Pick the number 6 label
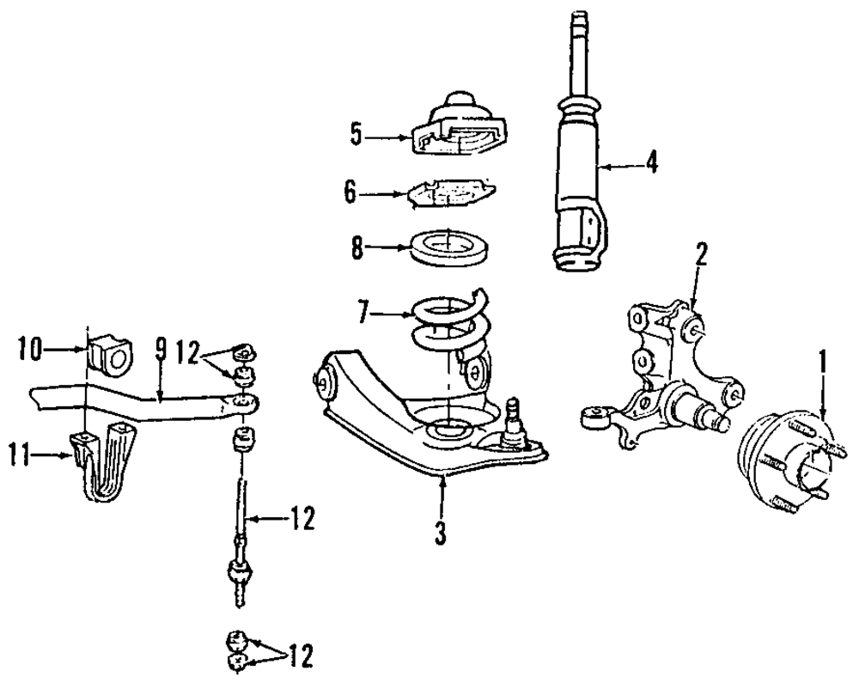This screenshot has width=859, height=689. pos(350,192)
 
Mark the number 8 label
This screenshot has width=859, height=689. pos(357,249)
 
